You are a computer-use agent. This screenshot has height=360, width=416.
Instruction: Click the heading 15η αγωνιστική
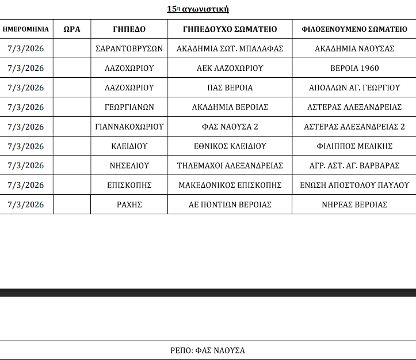[198, 9]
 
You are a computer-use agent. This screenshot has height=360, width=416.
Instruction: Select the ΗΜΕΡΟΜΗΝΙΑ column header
[26, 29]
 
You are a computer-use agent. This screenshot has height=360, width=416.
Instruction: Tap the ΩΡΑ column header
[71, 29]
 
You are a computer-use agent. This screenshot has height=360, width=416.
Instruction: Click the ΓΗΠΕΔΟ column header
[129, 29]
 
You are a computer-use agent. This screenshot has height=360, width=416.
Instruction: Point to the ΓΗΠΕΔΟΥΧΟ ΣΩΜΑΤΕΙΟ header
[230, 29]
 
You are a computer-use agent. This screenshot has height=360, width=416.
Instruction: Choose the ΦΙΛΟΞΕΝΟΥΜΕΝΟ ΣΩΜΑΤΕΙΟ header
[354, 29]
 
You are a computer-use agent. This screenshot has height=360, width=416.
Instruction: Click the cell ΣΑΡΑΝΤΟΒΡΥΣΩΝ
[129, 49]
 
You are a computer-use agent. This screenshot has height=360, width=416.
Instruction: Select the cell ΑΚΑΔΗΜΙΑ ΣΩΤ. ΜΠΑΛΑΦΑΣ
[230, 49]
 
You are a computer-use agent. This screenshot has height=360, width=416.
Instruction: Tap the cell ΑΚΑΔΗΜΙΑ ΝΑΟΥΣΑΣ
[354, 49]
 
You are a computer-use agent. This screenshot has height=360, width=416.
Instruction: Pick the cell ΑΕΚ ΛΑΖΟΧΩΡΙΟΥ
[230, 69]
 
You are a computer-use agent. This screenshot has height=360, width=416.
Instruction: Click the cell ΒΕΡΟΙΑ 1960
[354, 69]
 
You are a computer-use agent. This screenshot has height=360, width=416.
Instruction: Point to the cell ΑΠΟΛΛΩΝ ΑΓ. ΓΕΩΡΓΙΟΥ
[354, 88]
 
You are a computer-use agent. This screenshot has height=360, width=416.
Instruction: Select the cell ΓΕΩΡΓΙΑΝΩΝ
[129, 107]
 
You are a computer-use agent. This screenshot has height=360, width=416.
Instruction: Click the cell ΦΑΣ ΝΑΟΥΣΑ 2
[230, 127]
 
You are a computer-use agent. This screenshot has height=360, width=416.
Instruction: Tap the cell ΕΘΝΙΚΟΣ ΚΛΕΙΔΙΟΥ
[230, 146]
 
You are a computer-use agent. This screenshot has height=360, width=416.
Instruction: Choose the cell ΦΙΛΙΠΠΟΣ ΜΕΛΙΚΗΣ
[354, 146]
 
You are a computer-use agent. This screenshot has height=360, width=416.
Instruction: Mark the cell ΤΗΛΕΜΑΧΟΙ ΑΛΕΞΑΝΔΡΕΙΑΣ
[230, 166]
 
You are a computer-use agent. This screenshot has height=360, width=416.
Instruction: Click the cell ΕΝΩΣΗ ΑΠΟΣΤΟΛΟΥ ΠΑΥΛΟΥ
[354, 185]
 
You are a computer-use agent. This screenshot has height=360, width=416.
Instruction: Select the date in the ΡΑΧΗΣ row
[26, 204]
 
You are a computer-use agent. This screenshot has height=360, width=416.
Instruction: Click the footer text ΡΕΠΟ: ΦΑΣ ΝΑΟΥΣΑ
[208, 350]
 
